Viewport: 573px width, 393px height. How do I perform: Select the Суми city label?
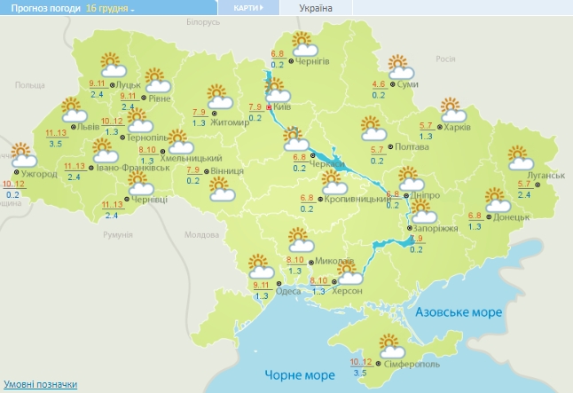pyautogui.click(x=408, y=84)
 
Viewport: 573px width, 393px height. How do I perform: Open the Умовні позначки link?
pyautogui.click(x=41, y=385)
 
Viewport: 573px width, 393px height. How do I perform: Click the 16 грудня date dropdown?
pyautogui.click(x=111, y=8)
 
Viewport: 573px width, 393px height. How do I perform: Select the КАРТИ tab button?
pyautogui.click(x=247, y=8)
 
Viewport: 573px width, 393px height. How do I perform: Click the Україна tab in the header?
pyautogui.click(x=317, y=8)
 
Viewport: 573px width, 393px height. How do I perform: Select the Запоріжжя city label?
pyautogui.click(x=432, y=228)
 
